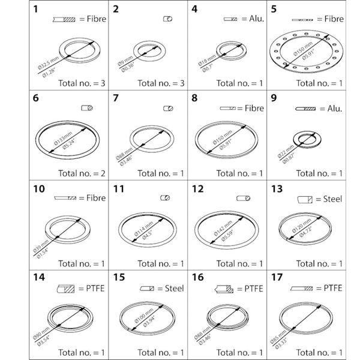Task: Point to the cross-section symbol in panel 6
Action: [88, 109]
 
